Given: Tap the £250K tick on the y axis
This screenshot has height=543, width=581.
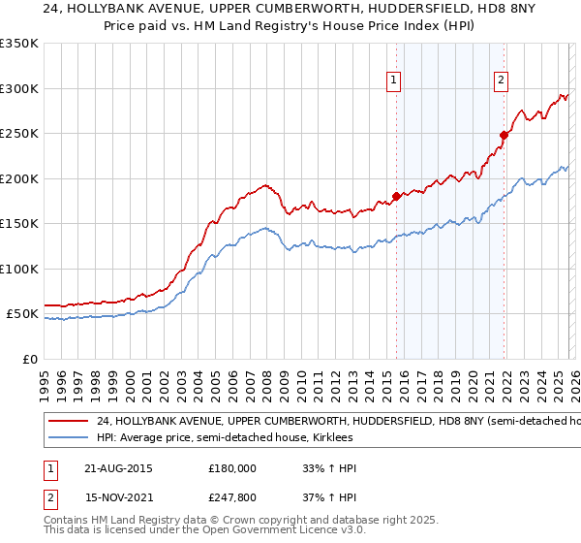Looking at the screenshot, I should pos(18,134).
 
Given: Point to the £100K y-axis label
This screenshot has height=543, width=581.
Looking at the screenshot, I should pos(18,269).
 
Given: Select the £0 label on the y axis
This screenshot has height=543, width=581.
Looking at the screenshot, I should pos(29,359).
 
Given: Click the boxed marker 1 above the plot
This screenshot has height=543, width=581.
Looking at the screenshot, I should pos(395,80).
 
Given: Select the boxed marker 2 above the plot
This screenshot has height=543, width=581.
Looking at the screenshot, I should pos(502,80).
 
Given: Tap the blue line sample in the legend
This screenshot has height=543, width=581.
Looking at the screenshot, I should pos(68,437).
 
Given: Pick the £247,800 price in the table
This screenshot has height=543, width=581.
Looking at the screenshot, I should pos(232,498).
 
